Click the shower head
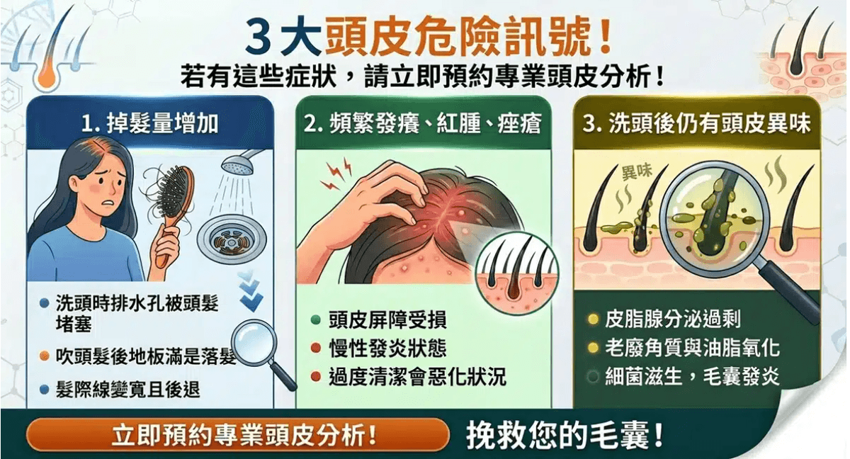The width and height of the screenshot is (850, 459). click(239, 163)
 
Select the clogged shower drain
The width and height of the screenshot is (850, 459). click(232, 239)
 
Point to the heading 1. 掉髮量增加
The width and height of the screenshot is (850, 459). click(150, 124)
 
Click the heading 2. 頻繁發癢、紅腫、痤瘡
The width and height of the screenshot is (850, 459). click(422, 124)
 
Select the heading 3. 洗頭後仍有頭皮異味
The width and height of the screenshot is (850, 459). click(697, 124)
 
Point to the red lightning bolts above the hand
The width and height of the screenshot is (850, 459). click(336, 175)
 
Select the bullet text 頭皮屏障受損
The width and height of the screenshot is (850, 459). click(387, 319)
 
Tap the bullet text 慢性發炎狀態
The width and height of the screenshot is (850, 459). click(387, 348)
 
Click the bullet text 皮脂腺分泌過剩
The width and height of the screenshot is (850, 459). click(672, 319)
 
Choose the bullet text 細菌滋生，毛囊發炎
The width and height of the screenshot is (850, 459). click(692, 377)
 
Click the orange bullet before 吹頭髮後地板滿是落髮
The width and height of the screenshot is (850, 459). click(45, 356)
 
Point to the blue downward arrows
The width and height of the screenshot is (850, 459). click(251, 291)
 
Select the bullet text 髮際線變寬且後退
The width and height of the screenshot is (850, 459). click(127, 390)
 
